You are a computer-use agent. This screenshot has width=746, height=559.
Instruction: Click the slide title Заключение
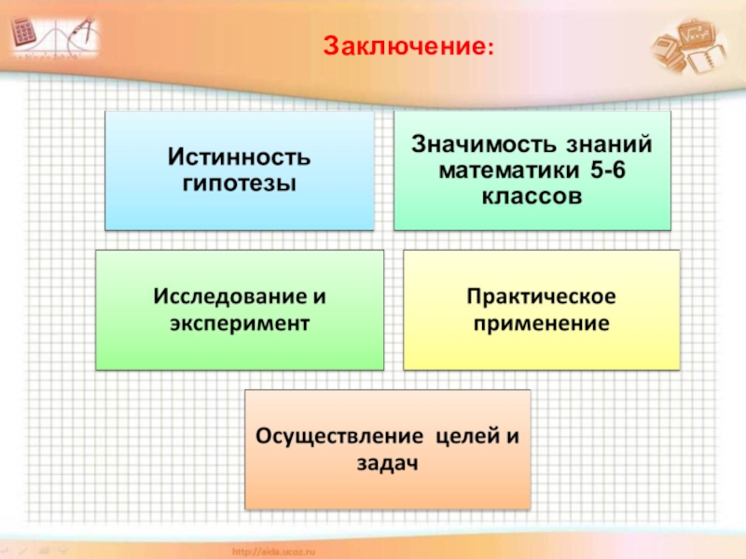pos(408,46)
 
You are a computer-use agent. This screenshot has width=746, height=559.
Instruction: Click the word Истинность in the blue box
pos(239,156)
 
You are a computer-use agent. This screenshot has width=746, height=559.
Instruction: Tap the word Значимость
pos(475,144)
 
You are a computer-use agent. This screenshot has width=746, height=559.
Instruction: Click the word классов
pos(532,197)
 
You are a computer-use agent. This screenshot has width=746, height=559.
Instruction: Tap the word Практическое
pos(541,298)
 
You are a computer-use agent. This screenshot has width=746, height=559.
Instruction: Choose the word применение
pos(541,324)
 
